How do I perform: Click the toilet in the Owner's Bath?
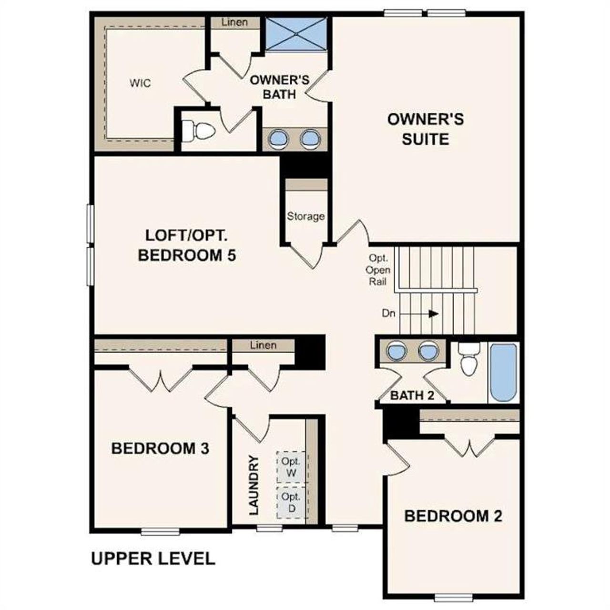[x=198, y=131]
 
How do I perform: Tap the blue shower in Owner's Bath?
[x=296, y=34]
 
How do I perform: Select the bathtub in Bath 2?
[x=503, y=373]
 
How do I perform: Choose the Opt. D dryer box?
[x=291, y=502]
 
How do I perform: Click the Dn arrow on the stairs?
[x=433, y=314]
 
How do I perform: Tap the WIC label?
[x=140, y=83]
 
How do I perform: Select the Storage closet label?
[x=305, y=216]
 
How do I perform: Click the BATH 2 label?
[x=412, y=396]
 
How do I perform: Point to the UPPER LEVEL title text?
[x=153, y=559]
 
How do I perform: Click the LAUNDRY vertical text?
[x=254, y=485]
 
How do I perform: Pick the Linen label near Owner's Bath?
[x=234, y=22]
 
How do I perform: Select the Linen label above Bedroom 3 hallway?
[x=263, y=345]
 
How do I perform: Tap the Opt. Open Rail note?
[x=379, y=270]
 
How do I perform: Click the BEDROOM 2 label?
[x=453, y=516]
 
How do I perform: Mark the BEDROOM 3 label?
[x=160, y=448]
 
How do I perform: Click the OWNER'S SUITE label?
[x=425, y=129]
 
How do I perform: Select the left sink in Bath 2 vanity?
[x=396, y=352]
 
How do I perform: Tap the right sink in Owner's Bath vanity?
[x=310, y=139]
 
